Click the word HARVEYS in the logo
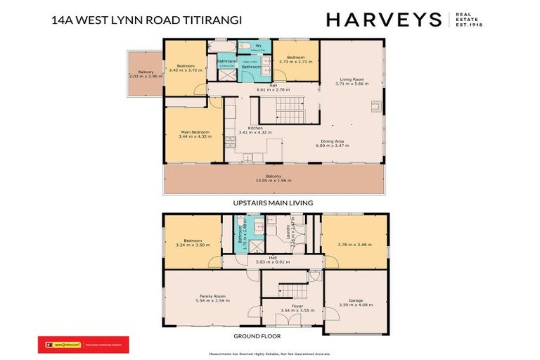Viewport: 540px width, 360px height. [x=383, y=20]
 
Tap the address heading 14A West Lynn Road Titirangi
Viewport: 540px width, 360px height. [x=146, y=21]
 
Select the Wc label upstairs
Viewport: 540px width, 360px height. [x=248, y=46]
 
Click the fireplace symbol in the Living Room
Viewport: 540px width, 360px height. [x=375, y=106]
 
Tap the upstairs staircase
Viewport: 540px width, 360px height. [x=290, y=109]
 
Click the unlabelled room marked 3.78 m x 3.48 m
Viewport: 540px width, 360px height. [x=355, y=243]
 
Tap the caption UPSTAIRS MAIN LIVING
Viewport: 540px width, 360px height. [x=273, y=202]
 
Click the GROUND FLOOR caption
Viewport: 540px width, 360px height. [x=273, y=336]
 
